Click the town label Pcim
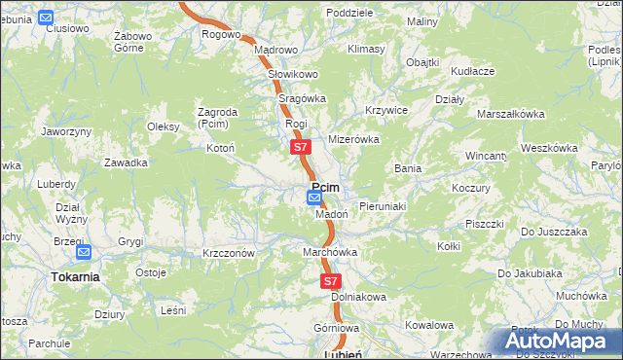pyautogui.click(x=325, y=188)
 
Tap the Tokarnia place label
pyautogui.click(x=75, y=276)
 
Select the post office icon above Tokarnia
pyautogui.click(x=83, y=253)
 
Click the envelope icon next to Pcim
pyautogui.click(x=313, y=198)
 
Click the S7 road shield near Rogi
pyautogui.click(x=301, y=148)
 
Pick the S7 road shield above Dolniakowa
pyautogui.click(x=331, y=280)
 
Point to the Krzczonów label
pyautogui.click(x=229, y=252)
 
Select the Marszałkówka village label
pyautogui.click(x=510, y=114)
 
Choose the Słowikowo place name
pyautogui.click(x=286, y=74)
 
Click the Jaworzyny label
pyautogui.click(x=67, y=130)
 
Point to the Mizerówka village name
pyautogui.click(x=352, y=139)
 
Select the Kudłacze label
pyautogui.click(x=473, y=71)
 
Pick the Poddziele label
pyautogui.click(x=350, y=13)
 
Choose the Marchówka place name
pyautogui.click(x=330, y=252)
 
